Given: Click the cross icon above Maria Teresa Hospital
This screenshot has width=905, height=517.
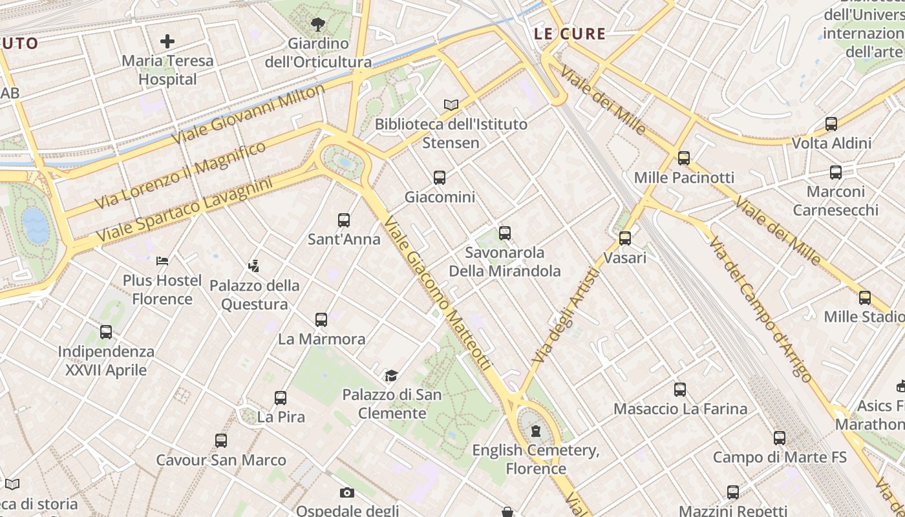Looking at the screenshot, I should click(167, 42).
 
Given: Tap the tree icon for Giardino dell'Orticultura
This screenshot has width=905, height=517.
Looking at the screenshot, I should click(317, 25).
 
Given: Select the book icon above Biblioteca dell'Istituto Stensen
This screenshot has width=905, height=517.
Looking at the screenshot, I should click(451, 105).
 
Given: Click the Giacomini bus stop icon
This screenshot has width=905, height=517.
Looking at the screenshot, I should click(440, 177).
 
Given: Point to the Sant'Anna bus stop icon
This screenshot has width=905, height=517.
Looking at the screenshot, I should click(344, 220).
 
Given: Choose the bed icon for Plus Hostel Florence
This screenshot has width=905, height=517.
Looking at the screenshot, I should click(162, 261).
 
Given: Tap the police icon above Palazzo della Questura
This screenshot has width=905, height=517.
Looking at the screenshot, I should click(254, 265).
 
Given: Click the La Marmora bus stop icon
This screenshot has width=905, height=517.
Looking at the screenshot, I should click(321, 319).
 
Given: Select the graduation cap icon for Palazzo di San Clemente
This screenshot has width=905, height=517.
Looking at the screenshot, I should click(391, 375).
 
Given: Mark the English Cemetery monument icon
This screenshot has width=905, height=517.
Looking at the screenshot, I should click(535, 430).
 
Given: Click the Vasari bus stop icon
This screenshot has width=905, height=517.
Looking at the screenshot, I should click(625, 238).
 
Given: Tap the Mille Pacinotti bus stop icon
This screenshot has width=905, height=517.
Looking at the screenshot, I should click(683, 158).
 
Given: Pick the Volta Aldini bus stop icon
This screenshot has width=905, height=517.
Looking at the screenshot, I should click(831, 123).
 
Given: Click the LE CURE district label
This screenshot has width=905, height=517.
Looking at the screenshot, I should click(570, 34).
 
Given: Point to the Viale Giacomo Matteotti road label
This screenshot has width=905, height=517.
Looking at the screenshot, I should click(437, 294).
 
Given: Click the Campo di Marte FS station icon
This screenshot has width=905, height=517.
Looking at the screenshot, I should click(780, 438).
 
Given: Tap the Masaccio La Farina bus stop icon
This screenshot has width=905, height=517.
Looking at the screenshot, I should click(680, 389).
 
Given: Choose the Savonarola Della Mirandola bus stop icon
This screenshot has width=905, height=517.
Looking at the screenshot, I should click(505, 233).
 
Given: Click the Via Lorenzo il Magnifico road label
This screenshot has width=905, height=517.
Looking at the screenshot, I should click(180, 175).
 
